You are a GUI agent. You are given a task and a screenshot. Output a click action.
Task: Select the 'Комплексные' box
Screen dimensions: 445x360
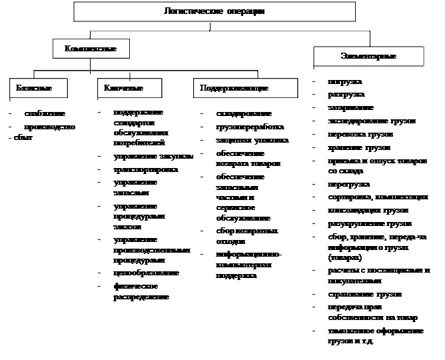[91, 49]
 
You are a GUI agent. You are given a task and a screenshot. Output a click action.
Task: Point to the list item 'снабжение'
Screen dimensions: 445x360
[45, 113]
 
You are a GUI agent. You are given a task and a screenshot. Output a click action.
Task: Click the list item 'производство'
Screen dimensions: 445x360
[50, 126]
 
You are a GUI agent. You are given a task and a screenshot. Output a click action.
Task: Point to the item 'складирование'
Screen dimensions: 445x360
[244, 113]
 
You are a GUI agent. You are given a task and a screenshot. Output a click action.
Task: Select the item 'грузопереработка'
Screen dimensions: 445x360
[250, 127]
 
